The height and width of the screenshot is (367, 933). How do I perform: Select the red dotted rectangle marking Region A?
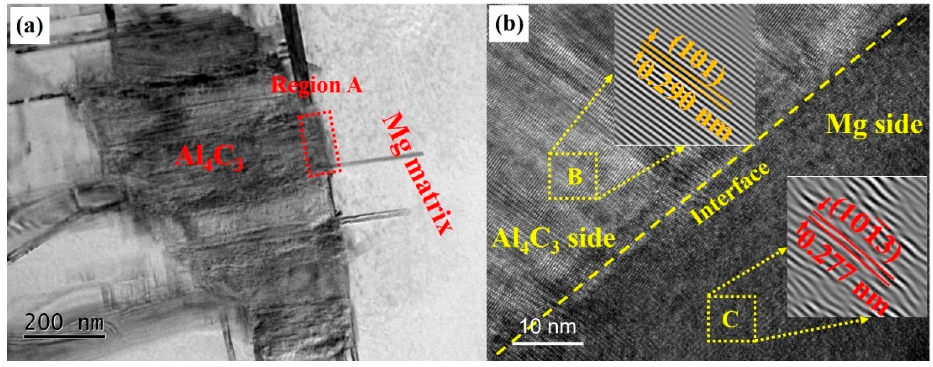point(319,144)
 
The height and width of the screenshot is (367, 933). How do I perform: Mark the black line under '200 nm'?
point(65,337)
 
